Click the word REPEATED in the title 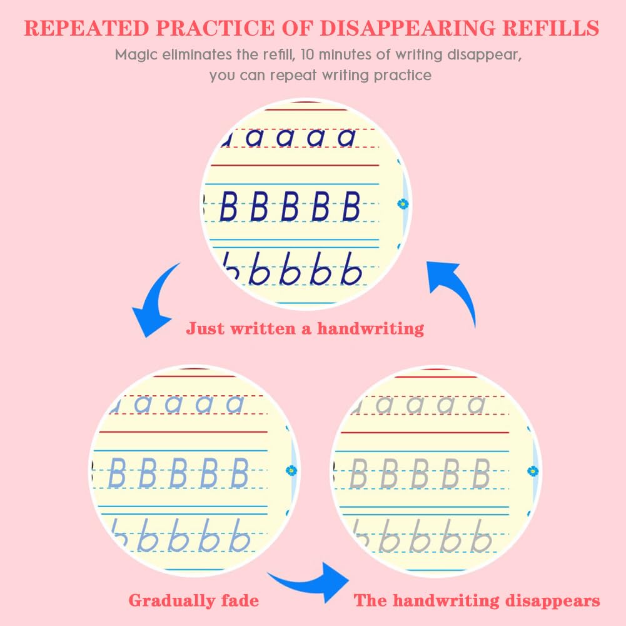point(86,28)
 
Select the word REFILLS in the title point(550,28)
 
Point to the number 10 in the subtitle point(308,54)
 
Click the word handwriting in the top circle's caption point(370,328)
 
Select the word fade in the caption point(240,600)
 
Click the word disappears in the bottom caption point(552,601)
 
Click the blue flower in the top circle point(403,204)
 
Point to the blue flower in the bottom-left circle point(291,471)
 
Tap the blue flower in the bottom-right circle point(533,471)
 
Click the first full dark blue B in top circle point(229,206)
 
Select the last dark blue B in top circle point(351,206)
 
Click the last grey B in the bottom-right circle point(482,473)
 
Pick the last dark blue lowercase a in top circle point(346,138)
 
